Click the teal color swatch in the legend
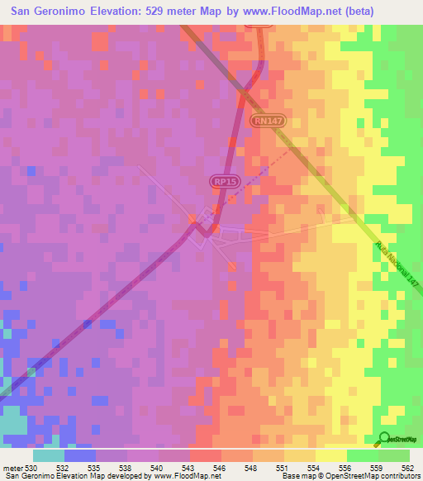(x=49, y=455)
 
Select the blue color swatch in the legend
(x=80, y=455)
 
